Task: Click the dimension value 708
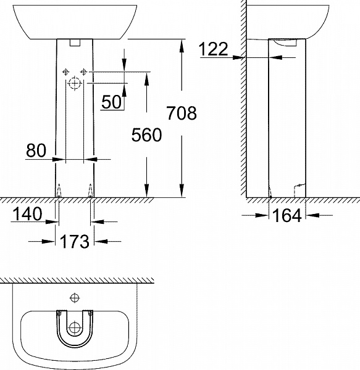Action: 182,113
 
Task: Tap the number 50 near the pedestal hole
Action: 111,102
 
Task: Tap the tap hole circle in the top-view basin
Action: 75,298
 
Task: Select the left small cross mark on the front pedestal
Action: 64,72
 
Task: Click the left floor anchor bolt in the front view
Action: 58,192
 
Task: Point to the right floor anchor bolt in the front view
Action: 91,192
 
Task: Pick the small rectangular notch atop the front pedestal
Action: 75,43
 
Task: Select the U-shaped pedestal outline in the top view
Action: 75,327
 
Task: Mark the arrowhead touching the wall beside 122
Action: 241,57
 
